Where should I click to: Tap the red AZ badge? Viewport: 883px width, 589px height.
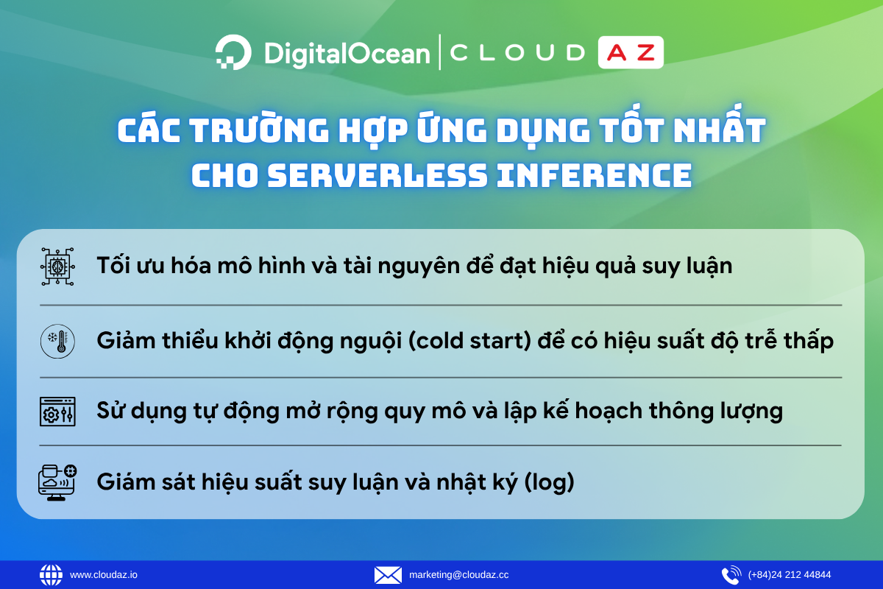coord(631,53)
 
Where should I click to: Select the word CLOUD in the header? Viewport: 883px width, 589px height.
coord(517,53)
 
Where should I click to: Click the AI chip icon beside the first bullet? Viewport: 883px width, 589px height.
coord(57,267)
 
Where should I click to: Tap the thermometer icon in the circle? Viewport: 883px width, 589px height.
coord(57,342)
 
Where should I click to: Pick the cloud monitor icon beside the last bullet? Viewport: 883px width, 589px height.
coord(57,482)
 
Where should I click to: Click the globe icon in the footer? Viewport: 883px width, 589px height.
coord(52,575)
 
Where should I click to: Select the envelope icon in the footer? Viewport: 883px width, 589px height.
coord(388,575)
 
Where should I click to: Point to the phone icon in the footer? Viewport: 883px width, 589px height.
coord(731,575)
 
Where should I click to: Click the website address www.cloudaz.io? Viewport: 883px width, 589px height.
coord(104,575)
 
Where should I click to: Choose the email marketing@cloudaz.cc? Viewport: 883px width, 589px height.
coord(458,575)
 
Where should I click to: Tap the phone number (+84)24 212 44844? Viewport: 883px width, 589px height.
coord(790,575)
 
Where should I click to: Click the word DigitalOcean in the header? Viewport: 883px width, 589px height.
coord(347,54)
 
